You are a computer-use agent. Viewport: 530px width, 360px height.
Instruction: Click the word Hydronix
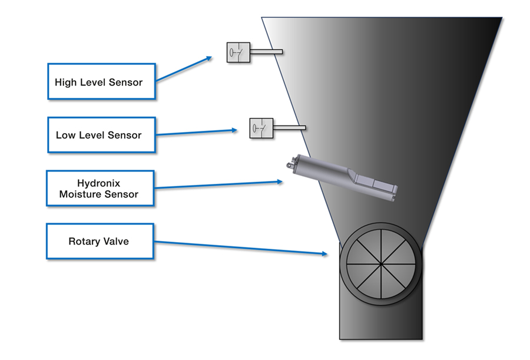(x=99, y=183)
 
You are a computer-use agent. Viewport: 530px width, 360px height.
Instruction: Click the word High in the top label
(x=65, y=82)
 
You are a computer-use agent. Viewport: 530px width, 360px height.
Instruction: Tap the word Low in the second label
(x=65, y=135)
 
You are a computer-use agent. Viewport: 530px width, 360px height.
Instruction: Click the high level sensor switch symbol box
(x=238, y=52)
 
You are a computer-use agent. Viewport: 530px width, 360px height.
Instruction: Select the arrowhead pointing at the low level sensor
(x=235, y=130)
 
